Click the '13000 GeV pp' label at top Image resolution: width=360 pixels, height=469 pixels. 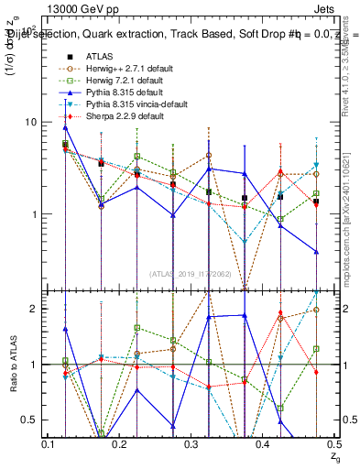click(x=69, y=9)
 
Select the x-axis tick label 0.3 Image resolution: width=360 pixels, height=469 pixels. click(x=192, y=444)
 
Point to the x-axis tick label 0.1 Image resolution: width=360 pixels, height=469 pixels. click(x=49, y=444)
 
